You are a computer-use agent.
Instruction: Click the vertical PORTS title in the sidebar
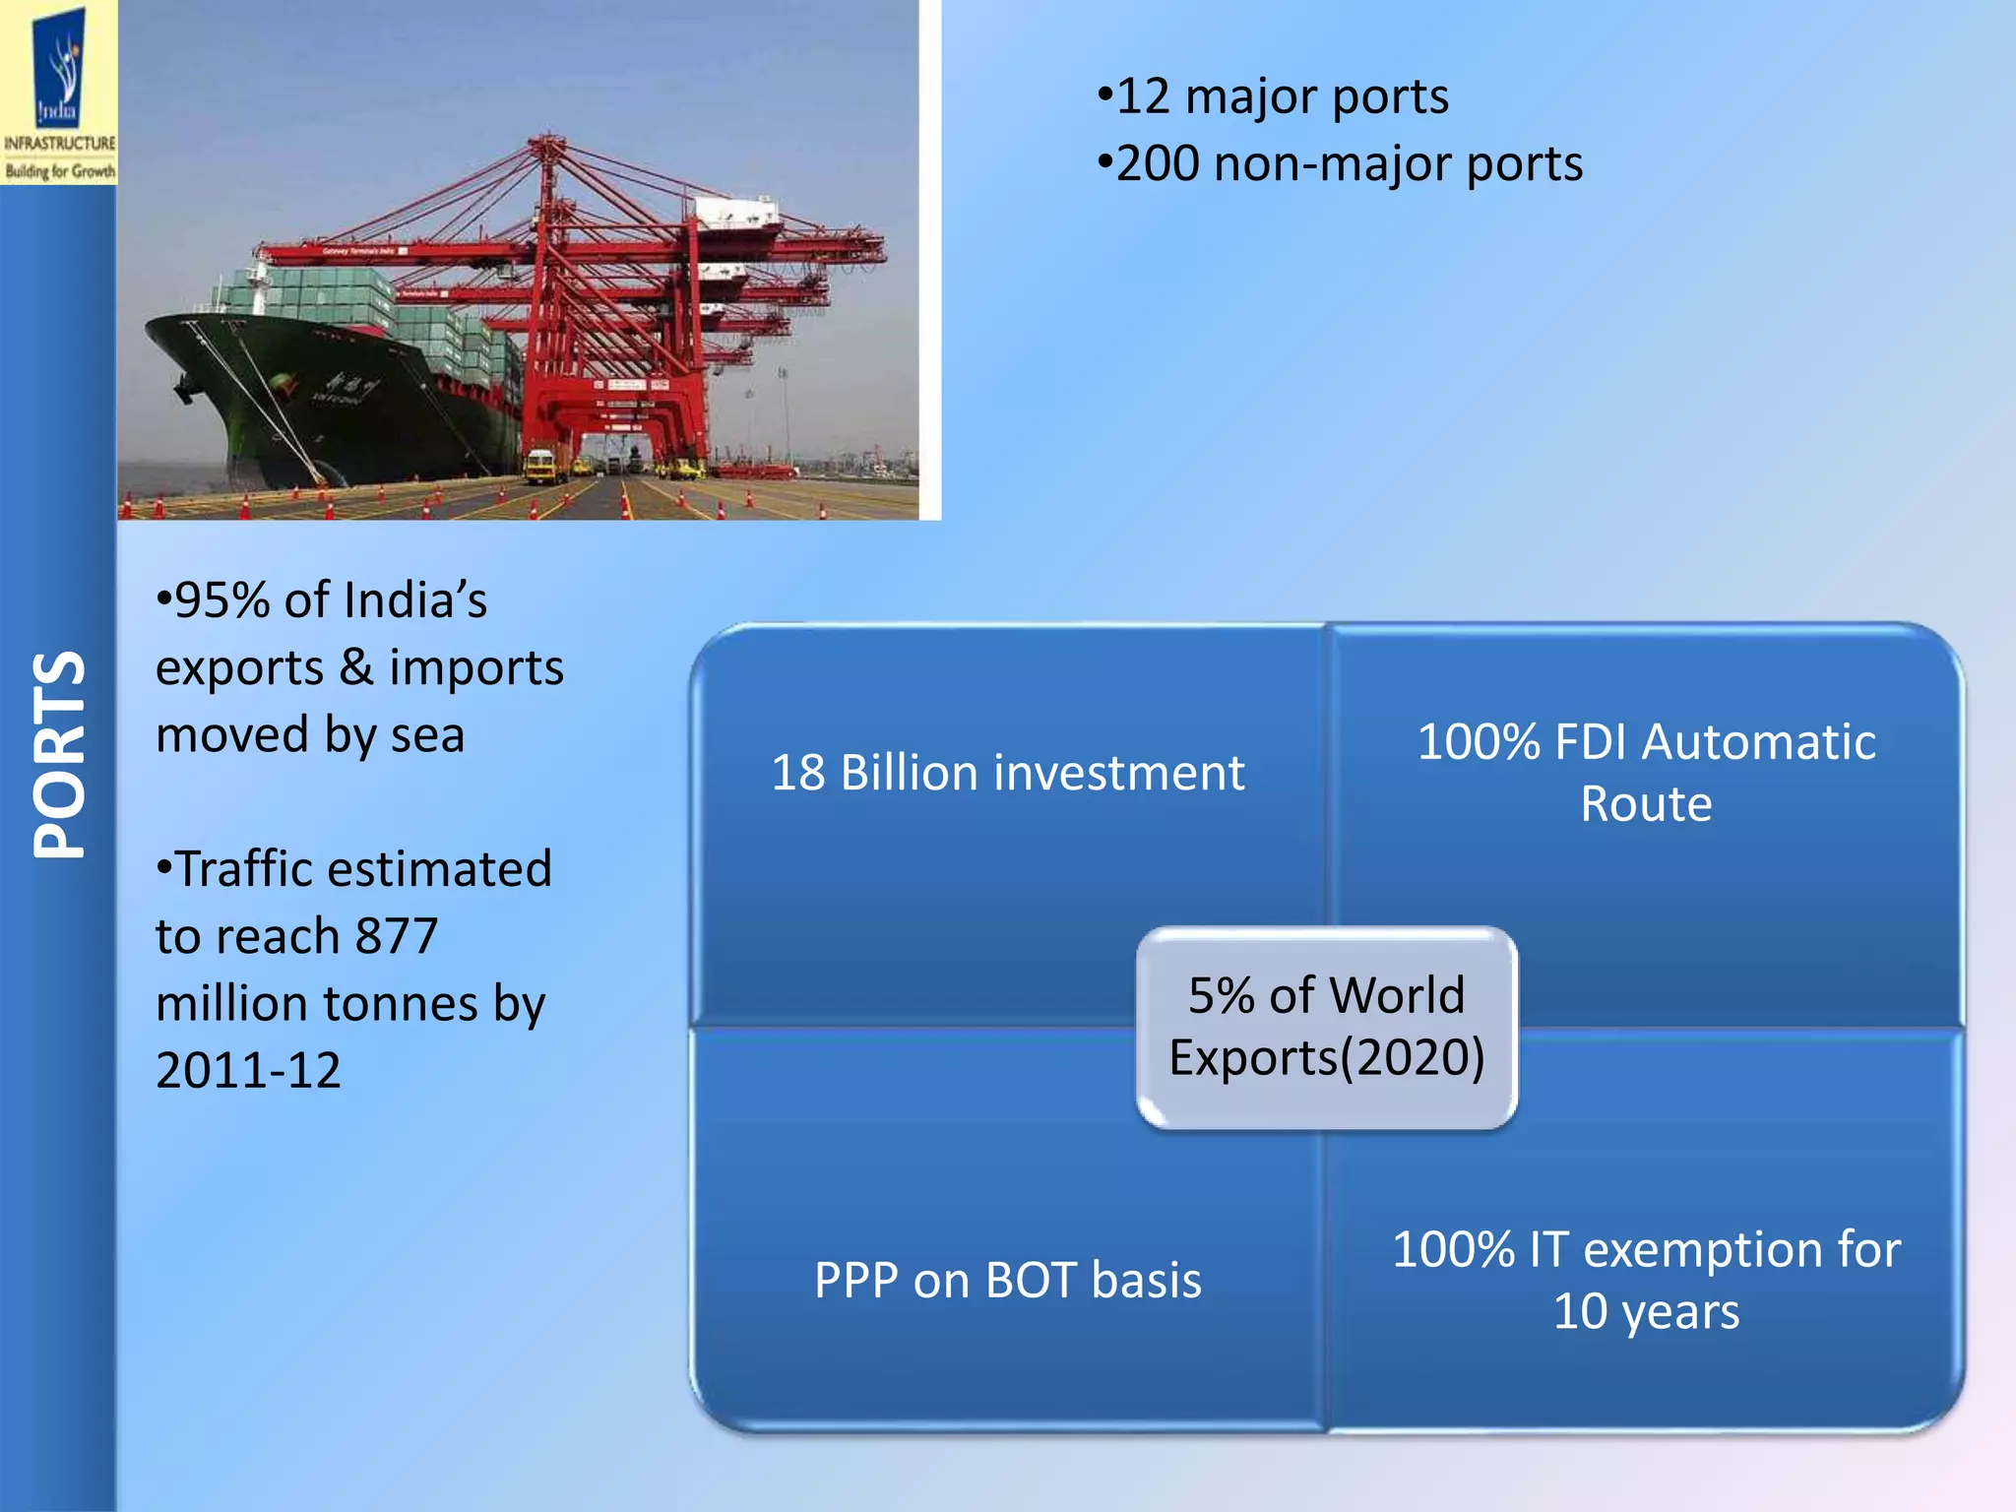[x=59, y=755]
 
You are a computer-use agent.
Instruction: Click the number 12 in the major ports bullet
[x=1143, y=97]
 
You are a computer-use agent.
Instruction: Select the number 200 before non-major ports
[x=1158, y=164]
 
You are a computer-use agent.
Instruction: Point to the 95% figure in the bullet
[x=222, y=600]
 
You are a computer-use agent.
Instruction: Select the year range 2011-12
[x=248, y=1071]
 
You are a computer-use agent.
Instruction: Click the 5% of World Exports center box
[x=1326, y=1027]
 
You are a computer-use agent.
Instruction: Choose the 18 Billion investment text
[x=1007, y=773]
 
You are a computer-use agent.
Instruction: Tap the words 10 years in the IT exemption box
[x=1646, y=1312]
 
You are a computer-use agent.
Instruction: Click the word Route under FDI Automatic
[x=1646, y=805]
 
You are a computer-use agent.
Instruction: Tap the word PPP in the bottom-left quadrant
[x=855, y=1282]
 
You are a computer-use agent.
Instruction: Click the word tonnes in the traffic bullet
[x=401, y=1004]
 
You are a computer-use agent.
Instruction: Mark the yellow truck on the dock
[x=539, y=466]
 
